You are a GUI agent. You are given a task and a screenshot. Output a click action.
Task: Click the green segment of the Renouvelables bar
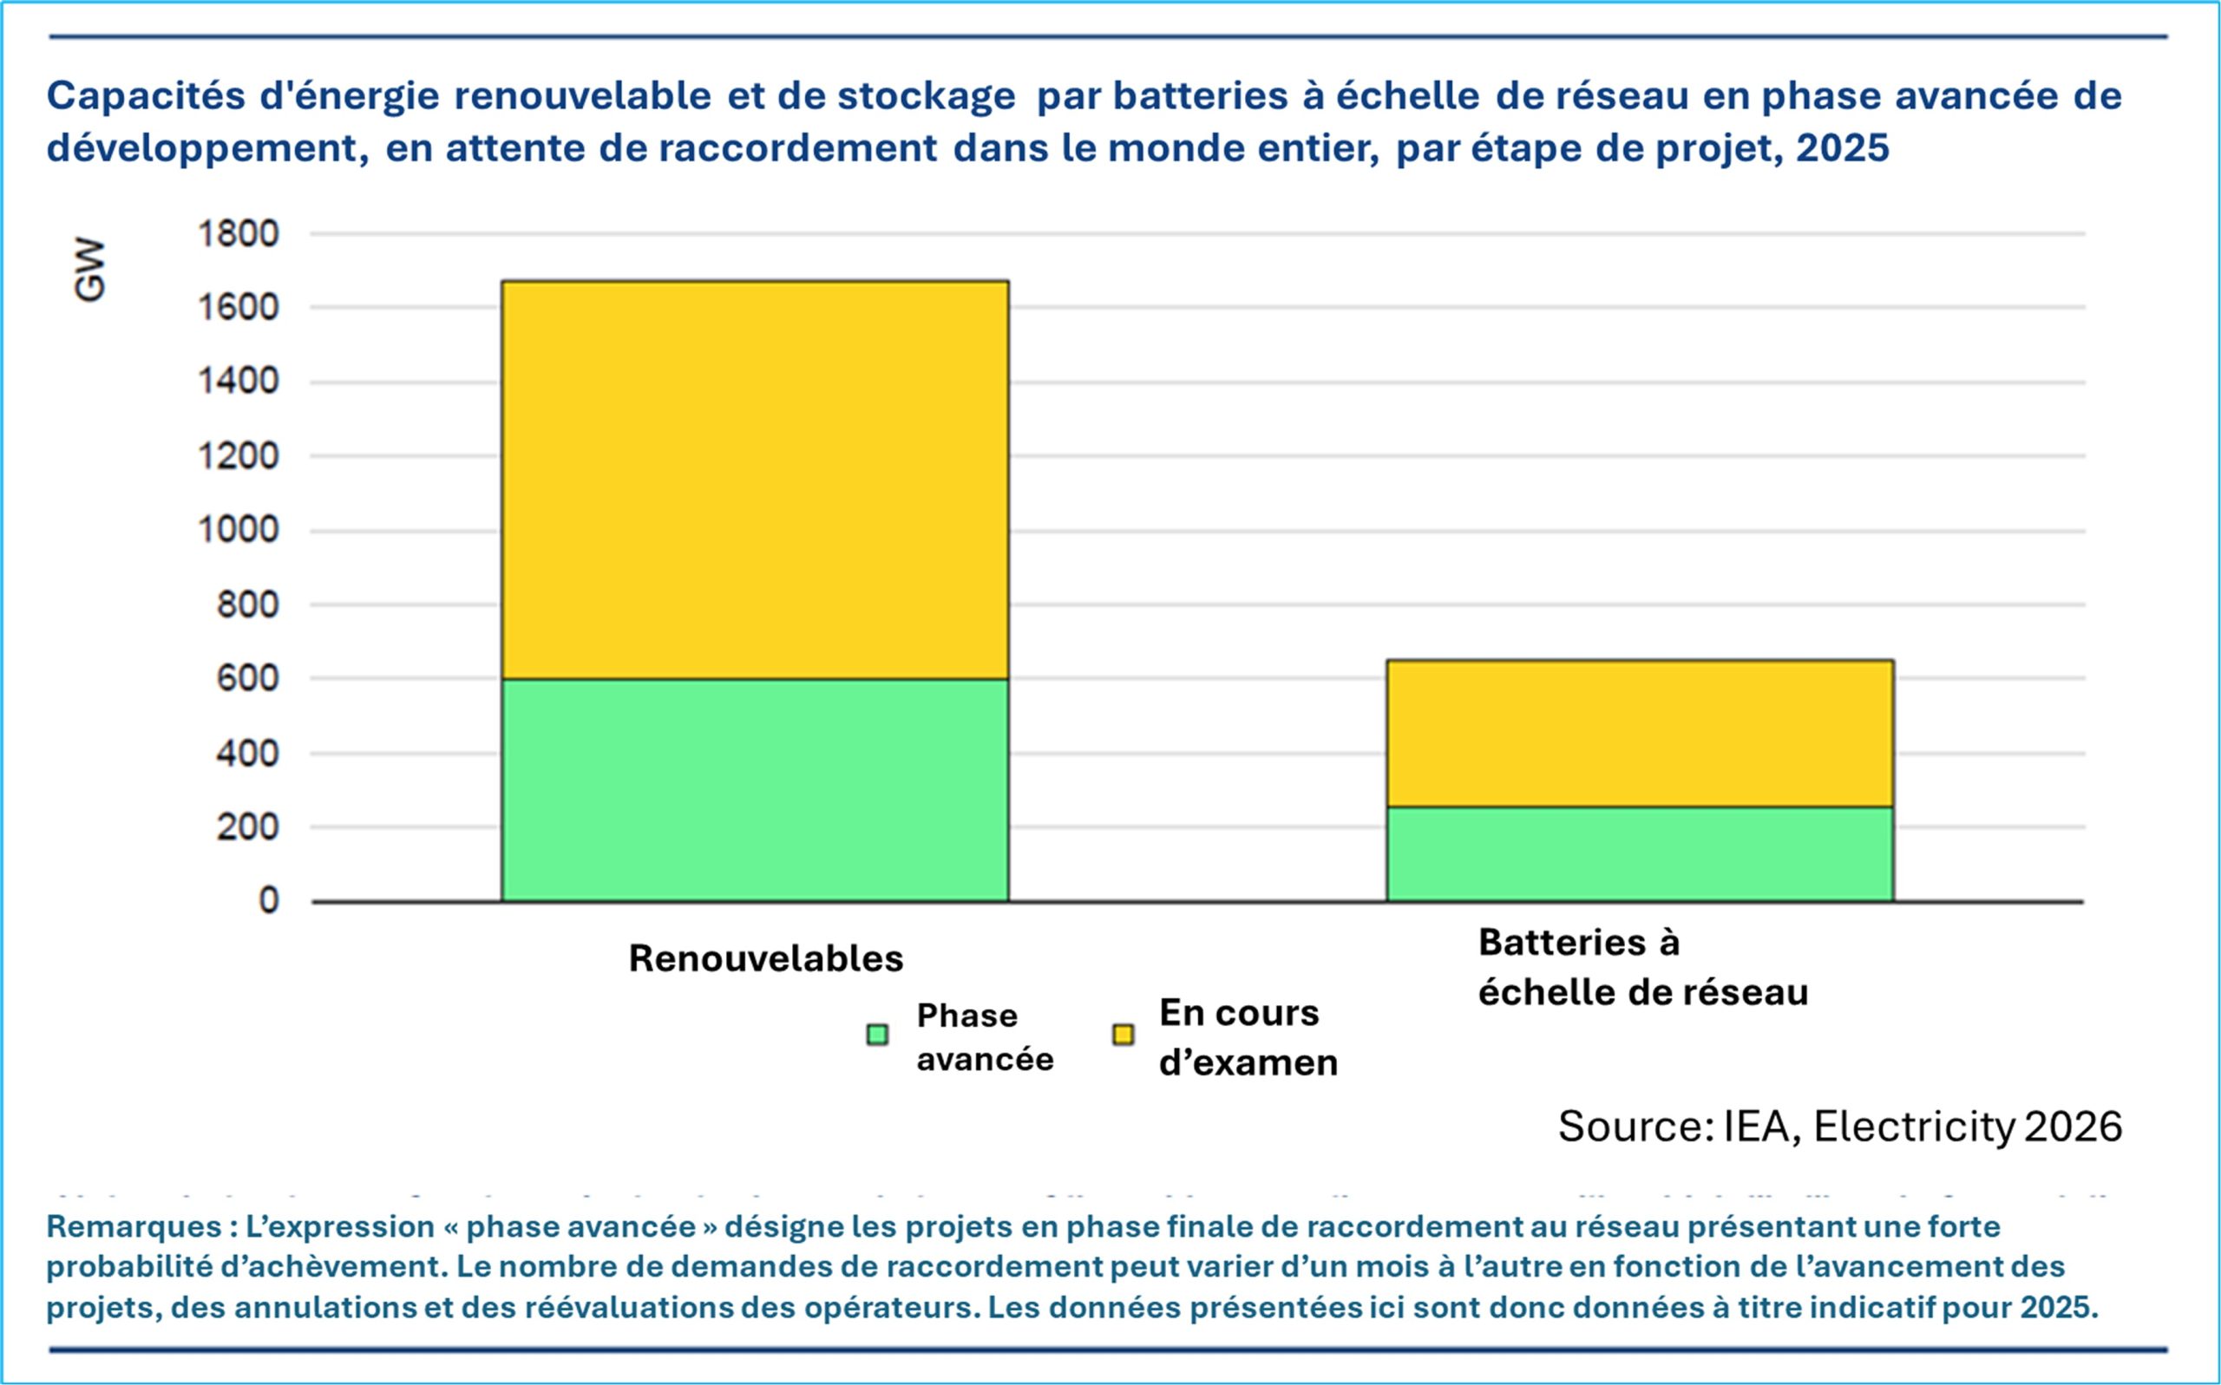(755, 789)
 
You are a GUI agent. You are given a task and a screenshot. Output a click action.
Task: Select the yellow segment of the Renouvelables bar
(755, 479)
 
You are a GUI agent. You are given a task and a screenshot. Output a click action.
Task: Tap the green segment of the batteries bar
(1640, 853)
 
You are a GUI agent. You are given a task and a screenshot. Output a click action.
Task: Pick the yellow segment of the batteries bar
(1640, 733)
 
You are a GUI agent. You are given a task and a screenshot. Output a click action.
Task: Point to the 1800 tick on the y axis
(239, 234)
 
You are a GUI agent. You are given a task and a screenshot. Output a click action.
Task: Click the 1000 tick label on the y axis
(239, 531)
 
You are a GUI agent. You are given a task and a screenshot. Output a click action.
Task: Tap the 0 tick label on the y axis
(268, 901)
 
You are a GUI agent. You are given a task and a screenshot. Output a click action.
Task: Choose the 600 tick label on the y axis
(247, 679)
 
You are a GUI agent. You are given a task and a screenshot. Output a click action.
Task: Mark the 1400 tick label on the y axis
(239, 381)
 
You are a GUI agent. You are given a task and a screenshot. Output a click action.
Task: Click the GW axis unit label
(89, 271)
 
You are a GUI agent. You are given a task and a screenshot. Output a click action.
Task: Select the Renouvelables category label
(766, 958)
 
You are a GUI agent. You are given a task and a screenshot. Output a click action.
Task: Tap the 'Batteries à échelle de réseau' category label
(1642, 967)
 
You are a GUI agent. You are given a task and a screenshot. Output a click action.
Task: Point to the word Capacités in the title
(146, 96)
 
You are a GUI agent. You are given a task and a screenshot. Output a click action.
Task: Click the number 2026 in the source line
(2073, 1127)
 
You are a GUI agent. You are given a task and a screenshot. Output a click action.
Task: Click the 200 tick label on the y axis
(247, 827)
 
